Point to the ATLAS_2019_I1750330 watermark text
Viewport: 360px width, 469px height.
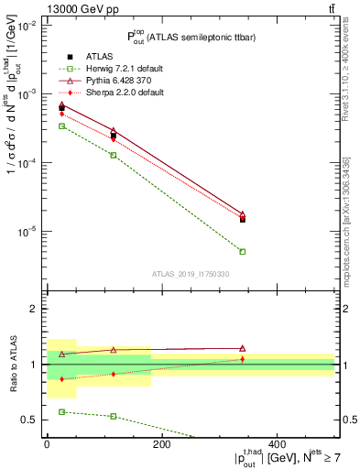click(x=190, y=273)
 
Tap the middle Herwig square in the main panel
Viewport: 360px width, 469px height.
click(x=114, y=155)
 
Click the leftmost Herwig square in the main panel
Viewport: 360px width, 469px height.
click(x=61, y=125)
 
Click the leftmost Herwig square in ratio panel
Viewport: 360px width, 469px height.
click(x=61, y=412)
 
